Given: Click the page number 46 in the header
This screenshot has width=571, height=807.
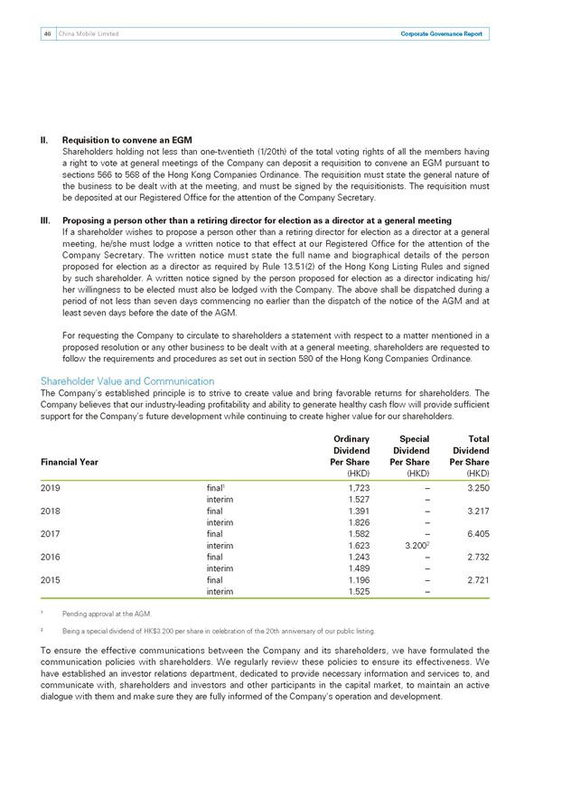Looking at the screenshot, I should coord(45,34).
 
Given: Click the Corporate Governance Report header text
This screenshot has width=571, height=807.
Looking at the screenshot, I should coord(441,34).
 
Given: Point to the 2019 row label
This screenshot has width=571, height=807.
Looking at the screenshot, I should coord(53,486).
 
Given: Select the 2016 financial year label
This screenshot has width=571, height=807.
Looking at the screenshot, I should coord(53,557).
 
